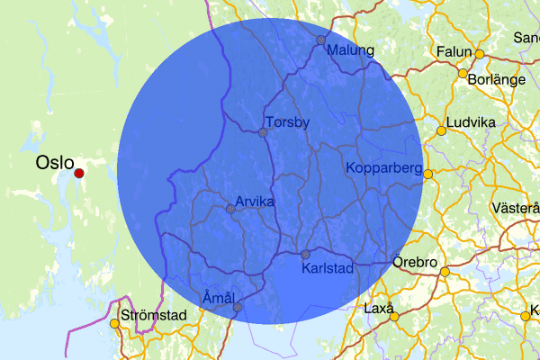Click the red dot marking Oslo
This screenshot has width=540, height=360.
(78, 173)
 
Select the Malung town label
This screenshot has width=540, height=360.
(350, 50)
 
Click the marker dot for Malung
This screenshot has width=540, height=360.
(320, 40)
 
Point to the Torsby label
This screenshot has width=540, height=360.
(287, 121)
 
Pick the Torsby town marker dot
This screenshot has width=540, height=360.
(263, 132)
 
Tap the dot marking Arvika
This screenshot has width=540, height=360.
(230, 209)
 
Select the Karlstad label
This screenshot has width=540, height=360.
(327, 268)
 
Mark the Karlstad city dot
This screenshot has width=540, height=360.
(305, 254)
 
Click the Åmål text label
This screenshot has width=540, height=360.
(219, 297)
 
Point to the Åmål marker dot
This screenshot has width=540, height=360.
(238, 307)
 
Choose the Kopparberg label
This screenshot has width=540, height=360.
(383, 168)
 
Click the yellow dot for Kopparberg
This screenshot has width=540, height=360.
(428, 174)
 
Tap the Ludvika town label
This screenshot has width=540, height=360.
(472, 121)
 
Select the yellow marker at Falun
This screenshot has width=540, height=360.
(480, 54)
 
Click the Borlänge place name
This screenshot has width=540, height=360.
(497, 79)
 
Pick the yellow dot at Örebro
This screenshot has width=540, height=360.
(444, 272)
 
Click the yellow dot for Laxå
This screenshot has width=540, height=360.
(394, 317)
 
